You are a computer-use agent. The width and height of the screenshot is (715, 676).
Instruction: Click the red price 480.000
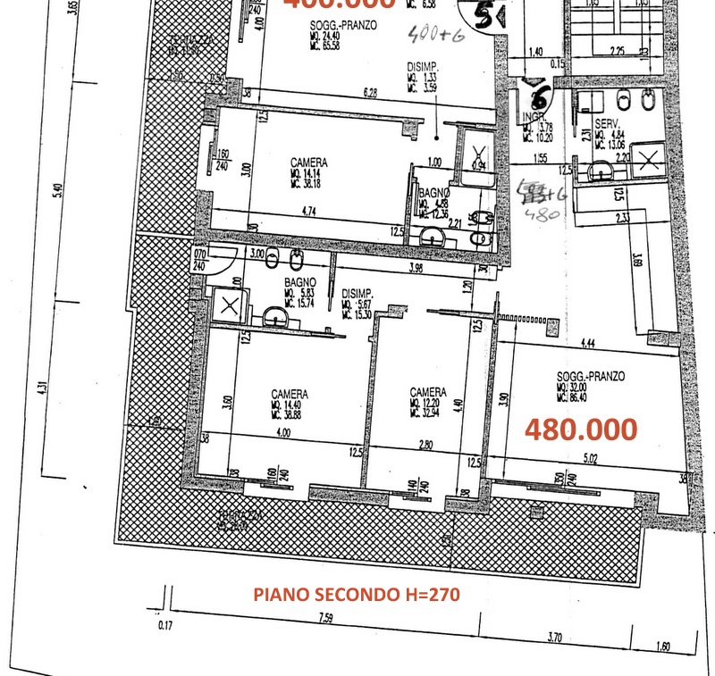coord(581,430)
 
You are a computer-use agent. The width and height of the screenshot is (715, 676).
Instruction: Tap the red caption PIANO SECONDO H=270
coord(357,594)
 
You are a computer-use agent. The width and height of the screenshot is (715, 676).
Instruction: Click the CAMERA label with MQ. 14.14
coord(308,163)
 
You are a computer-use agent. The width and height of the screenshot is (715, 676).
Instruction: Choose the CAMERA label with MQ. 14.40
coord(290,394)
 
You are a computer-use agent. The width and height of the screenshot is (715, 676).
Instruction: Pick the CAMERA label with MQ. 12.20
coord(428,392)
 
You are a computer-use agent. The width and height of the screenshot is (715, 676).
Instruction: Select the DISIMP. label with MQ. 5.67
coord(357,293)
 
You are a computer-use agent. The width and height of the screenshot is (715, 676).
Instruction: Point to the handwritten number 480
coord(542,213)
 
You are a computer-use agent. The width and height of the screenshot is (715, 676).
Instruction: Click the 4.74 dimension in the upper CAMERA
coord(309,213)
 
